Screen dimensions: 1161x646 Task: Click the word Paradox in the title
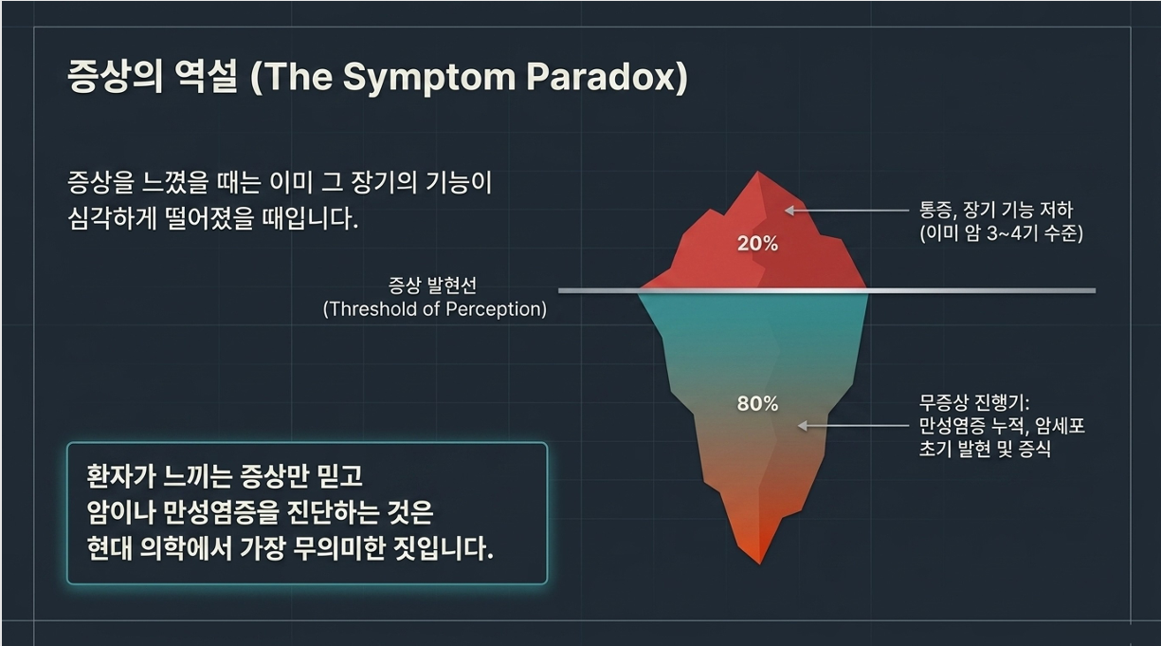click(x=604, y=77)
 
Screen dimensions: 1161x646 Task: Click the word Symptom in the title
click(x=429, y=78)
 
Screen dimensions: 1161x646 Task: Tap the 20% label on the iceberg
click(x=757, y=244)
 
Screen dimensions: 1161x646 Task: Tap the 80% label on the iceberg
click(x=757, y=404)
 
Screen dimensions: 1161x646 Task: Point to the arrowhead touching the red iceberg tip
click(x=789, y=211)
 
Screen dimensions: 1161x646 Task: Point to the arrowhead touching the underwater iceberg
click(x=803, y=426)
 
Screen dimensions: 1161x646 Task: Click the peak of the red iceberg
click(x=758, y=172)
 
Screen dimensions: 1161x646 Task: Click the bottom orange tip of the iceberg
click(x=760, y=563)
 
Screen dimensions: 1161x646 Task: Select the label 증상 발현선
click(x=432, y=285)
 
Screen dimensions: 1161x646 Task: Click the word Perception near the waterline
click(x=493, y=310)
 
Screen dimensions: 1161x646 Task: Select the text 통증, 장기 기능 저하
click(x=996, y=211)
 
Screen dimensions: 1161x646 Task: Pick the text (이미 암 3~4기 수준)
click(x=1002, y=233)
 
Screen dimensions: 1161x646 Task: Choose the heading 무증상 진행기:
click(x=974, y=402)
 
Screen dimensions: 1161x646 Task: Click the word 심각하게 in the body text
click(x=112, y=218)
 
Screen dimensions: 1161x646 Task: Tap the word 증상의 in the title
click(x=116, y=76)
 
